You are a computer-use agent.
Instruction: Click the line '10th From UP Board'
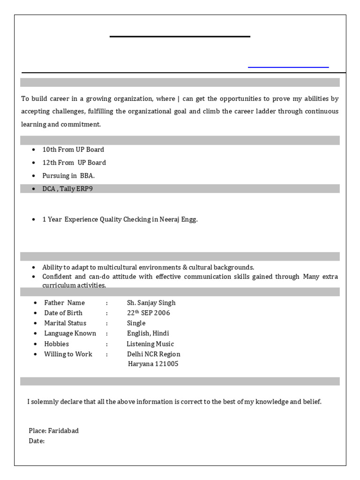pos(73,150)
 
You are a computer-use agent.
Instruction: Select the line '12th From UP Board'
pos(74,163)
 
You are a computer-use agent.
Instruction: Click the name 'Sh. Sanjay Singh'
pos(151,303)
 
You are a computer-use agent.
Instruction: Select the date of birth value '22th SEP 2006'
pos(148,313)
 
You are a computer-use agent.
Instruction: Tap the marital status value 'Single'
pos(136,323)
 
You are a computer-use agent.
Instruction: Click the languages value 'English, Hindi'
pos(148,333)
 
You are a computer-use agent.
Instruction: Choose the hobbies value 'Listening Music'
pos(150,344)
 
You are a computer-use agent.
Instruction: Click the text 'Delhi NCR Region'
pos(153,354)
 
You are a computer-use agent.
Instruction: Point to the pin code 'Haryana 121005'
pos(153,364)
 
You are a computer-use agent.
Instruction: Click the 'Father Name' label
pos(64,303)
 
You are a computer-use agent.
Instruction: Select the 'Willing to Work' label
pos(68,354)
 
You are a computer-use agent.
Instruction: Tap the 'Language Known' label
pos(70,333)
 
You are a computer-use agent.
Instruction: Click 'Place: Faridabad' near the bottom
pos(53,431)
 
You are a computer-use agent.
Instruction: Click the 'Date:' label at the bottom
pos(37,441)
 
